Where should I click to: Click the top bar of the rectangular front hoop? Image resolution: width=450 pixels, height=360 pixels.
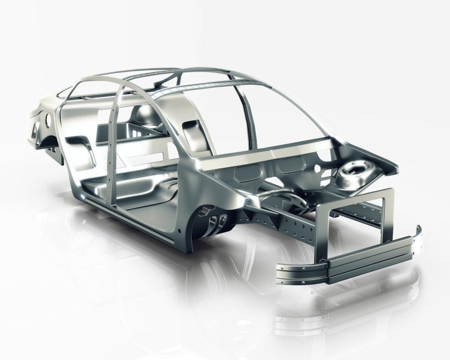click(356, 196)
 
